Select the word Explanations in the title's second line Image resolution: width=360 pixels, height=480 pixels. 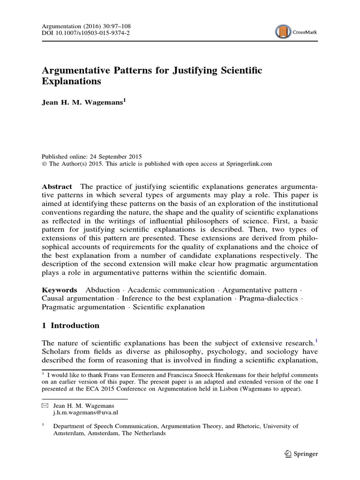(71, 82)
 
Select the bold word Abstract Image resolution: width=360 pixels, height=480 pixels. (56, 187)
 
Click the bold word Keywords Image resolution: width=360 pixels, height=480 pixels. (59, 290)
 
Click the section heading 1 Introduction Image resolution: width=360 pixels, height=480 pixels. (70, 325)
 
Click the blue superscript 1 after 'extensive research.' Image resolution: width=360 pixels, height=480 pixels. (316, 341)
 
